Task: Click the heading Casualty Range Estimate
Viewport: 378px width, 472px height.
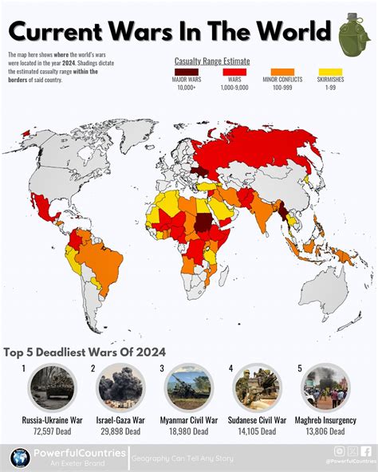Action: [211, 61]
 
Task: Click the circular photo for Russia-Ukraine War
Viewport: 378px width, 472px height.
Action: [52, 388]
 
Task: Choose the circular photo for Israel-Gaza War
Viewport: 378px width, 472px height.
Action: [121, 388]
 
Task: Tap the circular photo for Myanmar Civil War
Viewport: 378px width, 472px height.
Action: [189, 388]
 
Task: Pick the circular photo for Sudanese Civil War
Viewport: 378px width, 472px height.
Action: [257, 388]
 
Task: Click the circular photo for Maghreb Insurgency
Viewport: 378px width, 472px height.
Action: [325, 388]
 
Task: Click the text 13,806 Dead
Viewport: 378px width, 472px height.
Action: [325, 431]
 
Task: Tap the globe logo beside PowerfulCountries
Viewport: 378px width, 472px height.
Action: [20, 458]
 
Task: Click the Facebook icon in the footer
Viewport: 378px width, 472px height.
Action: [366, 451]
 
